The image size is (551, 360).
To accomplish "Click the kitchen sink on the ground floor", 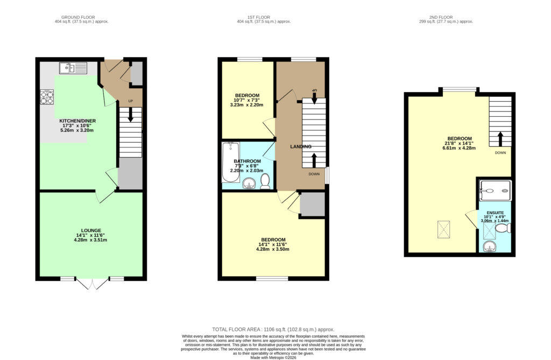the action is [x=73, y=68].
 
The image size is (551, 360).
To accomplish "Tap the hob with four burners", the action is [x=47, y=97].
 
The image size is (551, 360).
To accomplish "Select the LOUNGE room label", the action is [x=91, y=231].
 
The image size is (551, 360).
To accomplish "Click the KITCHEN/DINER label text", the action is [x=77, y=121].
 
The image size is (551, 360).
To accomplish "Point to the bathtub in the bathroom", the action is [x=230, y=162].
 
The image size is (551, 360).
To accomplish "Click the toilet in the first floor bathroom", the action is [x=265, y=181].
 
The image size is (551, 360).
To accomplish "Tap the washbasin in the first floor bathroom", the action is [x=250, y=183].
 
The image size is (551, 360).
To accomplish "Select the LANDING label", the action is [x=301, y=146].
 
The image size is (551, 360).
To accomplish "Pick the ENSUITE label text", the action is [x=495, y=213].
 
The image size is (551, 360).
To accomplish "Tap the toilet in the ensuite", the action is [x=503, y=229].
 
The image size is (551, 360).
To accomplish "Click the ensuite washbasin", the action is [x=489, y=247].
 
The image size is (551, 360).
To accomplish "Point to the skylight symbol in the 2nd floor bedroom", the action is [x=443, y=230].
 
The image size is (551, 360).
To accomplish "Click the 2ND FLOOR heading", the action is [x=441, y=17].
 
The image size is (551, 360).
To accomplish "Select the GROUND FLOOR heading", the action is [x=78, y=17].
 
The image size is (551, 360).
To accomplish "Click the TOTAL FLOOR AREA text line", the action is [x=273, y=329].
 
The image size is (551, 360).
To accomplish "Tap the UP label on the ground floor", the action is [x=130, y=101].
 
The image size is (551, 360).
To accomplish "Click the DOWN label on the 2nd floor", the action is [x=500, y=153].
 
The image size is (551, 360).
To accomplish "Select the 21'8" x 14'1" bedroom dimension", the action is [x=460, y=143].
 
